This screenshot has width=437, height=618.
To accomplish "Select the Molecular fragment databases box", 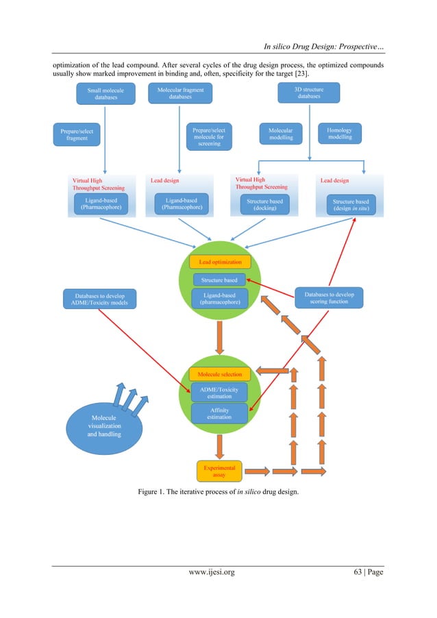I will (180, 94).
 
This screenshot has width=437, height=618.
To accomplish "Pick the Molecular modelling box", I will (280, 134).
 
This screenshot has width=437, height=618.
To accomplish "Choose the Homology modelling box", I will (340, 134).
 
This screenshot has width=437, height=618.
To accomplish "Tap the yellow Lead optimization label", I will (220, 262).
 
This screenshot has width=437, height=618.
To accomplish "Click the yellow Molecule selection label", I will (219, 375).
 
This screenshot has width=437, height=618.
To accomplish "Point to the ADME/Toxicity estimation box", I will (219, 393).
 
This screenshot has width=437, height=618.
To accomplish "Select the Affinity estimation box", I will (219, 414).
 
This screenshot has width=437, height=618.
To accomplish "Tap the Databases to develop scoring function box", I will (329, 297).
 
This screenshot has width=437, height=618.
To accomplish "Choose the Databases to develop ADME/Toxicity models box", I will (100, 299).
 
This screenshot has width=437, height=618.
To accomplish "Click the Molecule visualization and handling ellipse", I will (104, 425).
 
